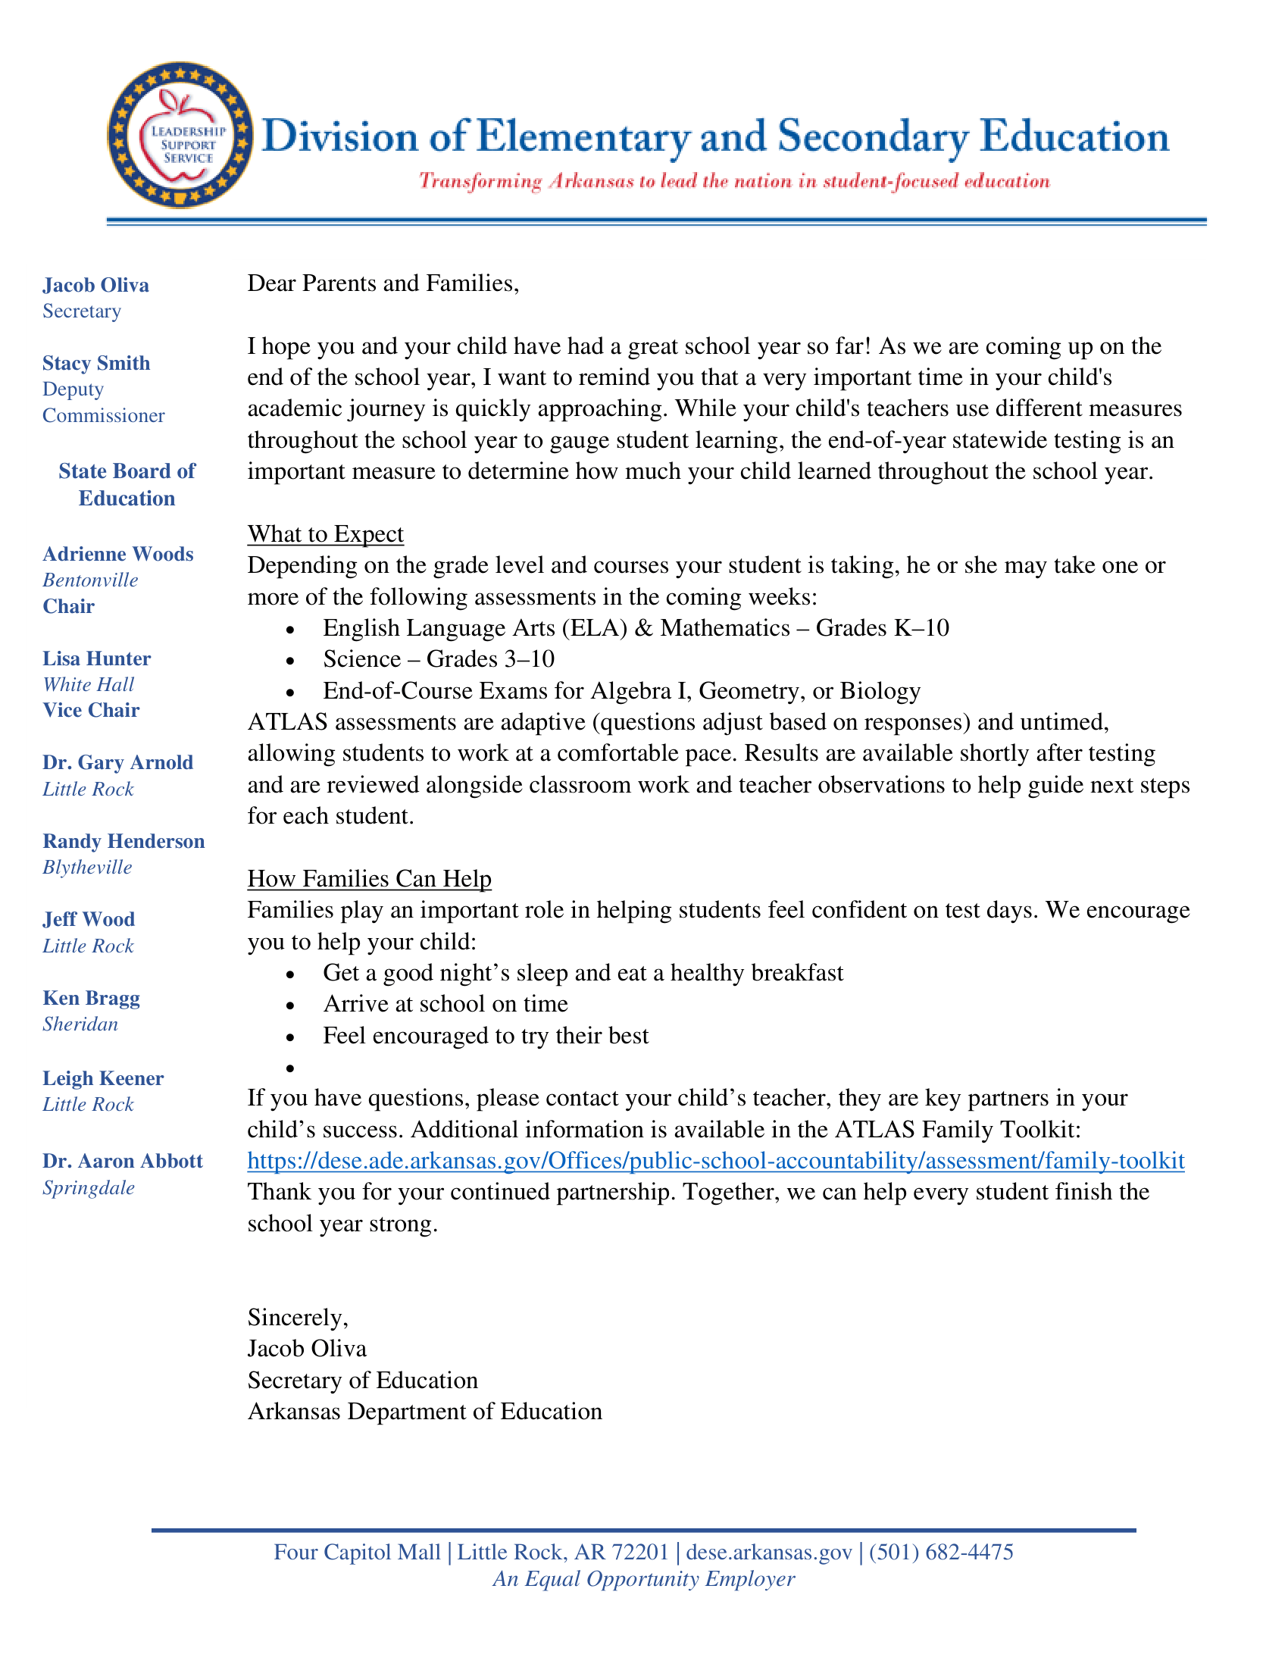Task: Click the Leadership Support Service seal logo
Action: coord(180,134)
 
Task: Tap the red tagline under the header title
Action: coord(734,182)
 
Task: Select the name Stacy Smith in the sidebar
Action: coord(96,362)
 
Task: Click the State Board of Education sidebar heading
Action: coord(127,484)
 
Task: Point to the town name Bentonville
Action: coord(90,580)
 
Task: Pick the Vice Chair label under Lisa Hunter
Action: coord(91,710)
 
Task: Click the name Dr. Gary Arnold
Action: coord(117,762)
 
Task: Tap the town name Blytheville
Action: coord(87,867)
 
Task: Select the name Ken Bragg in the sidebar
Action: coord(91,999)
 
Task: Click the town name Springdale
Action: coord(89,1187)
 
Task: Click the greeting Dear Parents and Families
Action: coord(383,283)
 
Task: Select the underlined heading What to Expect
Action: coord(325,533)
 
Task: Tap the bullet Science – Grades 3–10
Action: coord(438,658)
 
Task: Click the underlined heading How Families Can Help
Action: coord(369,878)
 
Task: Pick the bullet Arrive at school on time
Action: coord(445,1004)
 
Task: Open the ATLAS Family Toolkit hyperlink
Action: coord(716,1161)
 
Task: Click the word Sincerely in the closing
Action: coord(298,1318)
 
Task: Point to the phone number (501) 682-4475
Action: coord(941,1552)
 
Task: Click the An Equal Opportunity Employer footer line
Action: coord(643,1578)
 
